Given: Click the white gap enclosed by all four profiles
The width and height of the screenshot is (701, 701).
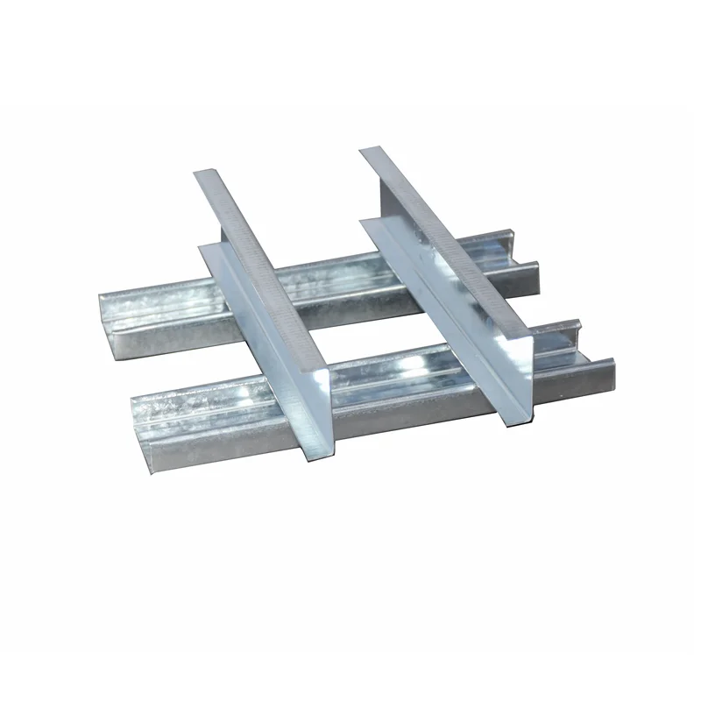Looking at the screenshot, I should point(350,315).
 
